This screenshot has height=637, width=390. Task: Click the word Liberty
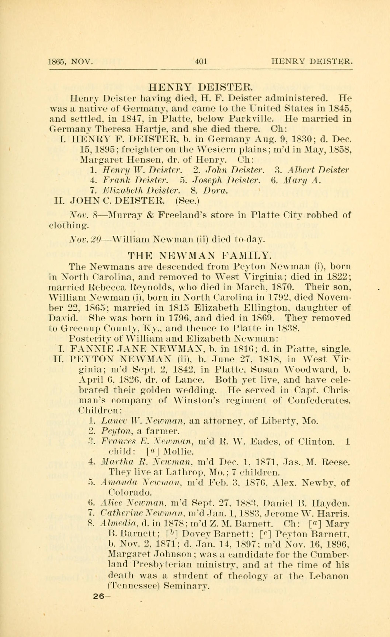click(x=279, y=421)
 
